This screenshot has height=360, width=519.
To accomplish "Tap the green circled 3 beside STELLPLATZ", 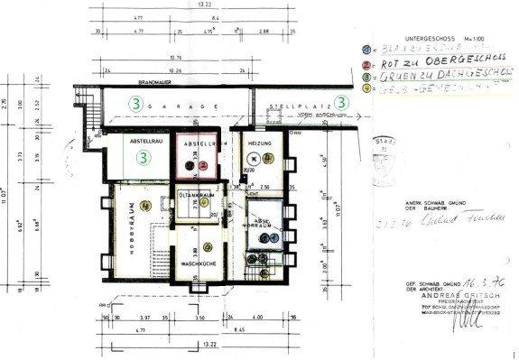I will point(342,102).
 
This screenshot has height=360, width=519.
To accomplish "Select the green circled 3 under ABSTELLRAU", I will point(144,157).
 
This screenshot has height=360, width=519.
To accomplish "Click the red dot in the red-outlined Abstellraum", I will point(205,166).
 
